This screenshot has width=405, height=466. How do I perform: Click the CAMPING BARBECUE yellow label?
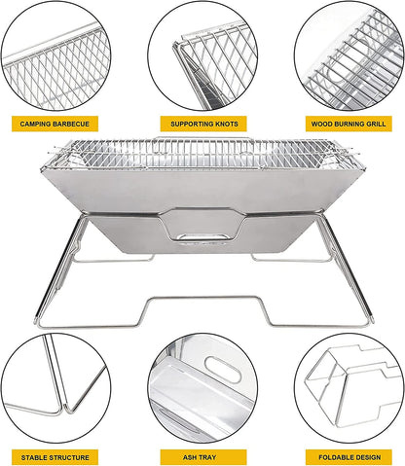[55, 125]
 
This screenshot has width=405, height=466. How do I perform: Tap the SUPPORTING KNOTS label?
[202, 125]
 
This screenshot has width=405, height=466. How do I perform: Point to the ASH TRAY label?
[202, 456]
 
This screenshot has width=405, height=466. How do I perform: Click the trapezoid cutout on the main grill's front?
[202, 224]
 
